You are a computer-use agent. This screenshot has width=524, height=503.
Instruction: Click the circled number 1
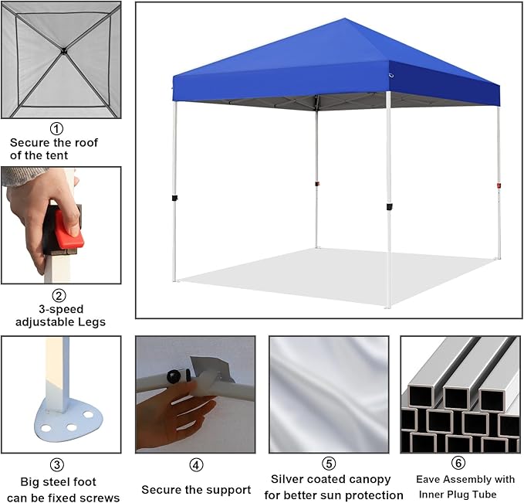coord(56,128)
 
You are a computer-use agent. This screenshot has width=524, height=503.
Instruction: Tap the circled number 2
coord(59,296)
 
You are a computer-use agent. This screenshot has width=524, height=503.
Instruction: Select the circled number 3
coord(57,465)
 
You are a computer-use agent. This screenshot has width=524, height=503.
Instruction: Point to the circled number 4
coord(196,465)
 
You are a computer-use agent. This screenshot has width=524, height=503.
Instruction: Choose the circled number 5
coord(329,464)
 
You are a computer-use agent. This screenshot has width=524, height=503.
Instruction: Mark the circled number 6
coord(458,463)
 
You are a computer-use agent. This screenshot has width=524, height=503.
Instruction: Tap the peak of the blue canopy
coord(344,19)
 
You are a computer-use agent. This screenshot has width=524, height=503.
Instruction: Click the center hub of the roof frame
coord(63,51)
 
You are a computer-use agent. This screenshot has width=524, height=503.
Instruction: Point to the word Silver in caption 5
coord(286,479)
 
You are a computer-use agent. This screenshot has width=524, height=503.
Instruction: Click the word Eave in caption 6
coord(428,479)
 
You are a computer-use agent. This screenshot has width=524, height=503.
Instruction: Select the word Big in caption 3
coord(28,482)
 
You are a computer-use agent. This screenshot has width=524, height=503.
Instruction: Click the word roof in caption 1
coord(86,143)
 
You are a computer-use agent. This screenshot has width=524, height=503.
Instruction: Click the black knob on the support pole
coord(174,377)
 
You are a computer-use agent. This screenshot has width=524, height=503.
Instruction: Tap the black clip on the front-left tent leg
coord(174,198)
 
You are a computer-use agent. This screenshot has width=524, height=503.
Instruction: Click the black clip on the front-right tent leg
coord(389,207)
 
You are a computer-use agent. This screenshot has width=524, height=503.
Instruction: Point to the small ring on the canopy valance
coord(391,76)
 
